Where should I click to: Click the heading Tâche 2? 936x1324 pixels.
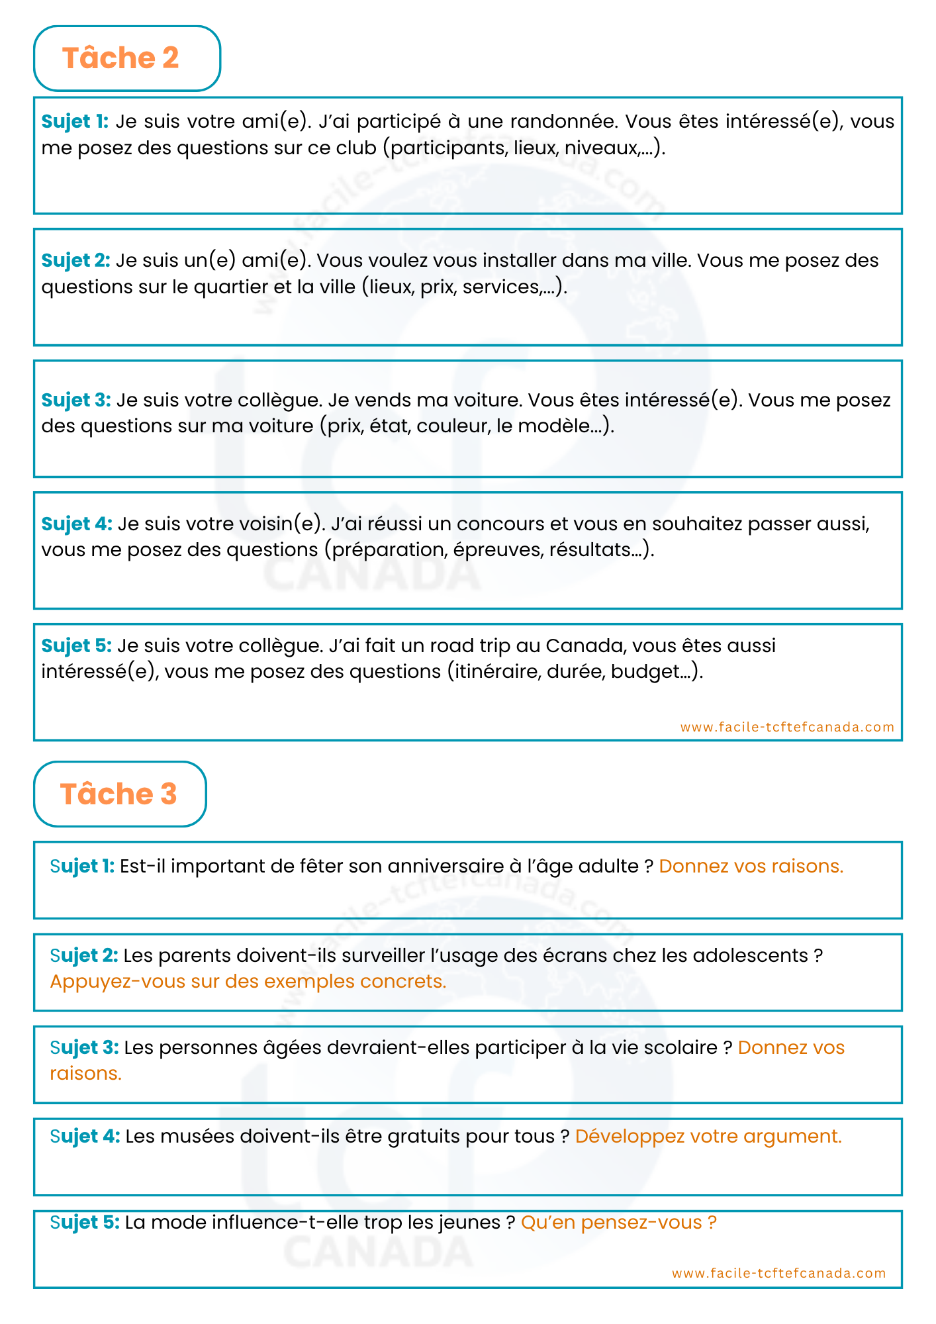tap(120, 58)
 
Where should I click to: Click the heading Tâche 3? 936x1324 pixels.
tap(118, 794)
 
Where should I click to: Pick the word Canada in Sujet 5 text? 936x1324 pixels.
tap(586, 645)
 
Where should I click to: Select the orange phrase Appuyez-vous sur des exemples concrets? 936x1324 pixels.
tap(248, 982)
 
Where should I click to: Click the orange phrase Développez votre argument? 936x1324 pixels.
tap(708, 1137)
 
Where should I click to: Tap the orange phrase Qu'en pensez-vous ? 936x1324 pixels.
tap(619, 1223)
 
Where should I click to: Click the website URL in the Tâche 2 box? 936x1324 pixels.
tap(787, 727)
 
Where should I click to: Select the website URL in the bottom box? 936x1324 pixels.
tap(778, 1273)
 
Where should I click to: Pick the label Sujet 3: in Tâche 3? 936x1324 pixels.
tap(84, 1048)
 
